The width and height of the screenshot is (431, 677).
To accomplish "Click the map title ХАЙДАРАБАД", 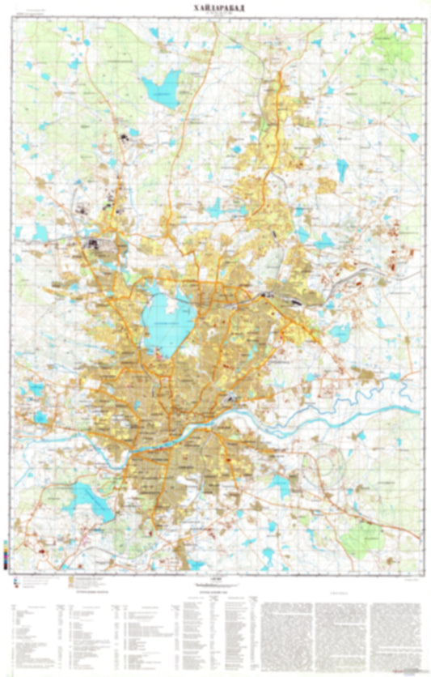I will pyautogui.click(x=215, y=6).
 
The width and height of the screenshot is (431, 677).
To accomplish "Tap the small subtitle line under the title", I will pyautogui.click(x=215, y=14).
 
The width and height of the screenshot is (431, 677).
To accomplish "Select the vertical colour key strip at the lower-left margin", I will pyautogui.click(x=7, y=558).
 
